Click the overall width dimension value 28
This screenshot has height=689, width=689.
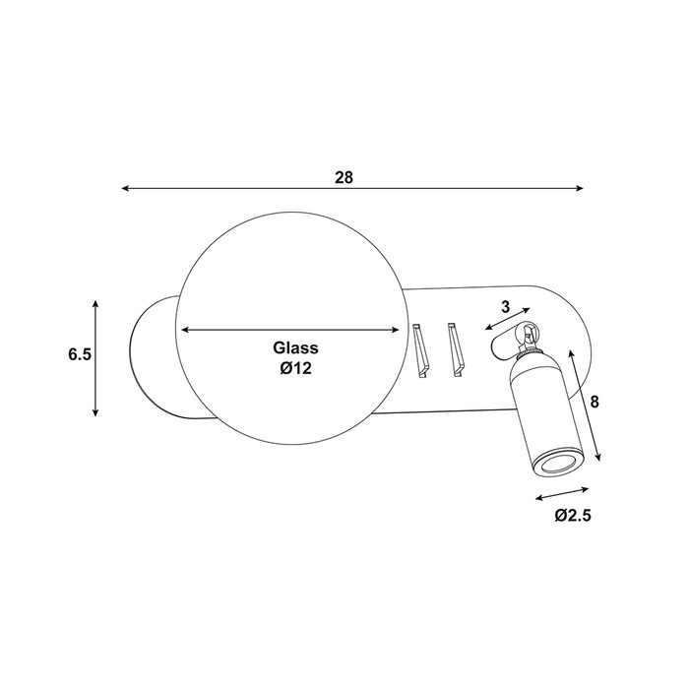click(x=344, y=177)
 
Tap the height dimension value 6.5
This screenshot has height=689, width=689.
click(x=80, y=354)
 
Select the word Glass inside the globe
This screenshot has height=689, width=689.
click(x=295, y=348)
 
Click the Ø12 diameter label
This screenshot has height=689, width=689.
click(x=295, y=368)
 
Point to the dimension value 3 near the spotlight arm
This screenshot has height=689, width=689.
click(x=506, y=307)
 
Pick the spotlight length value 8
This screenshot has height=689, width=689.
click(x=595, y=402)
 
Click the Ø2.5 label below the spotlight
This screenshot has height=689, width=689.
click(x=573, y=515)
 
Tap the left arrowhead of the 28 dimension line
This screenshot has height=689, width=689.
click(x=125, y=189)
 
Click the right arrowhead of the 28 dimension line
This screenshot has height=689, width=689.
click(x=580, y=189)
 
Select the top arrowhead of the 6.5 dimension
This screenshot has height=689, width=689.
click(x=95, y=304)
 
